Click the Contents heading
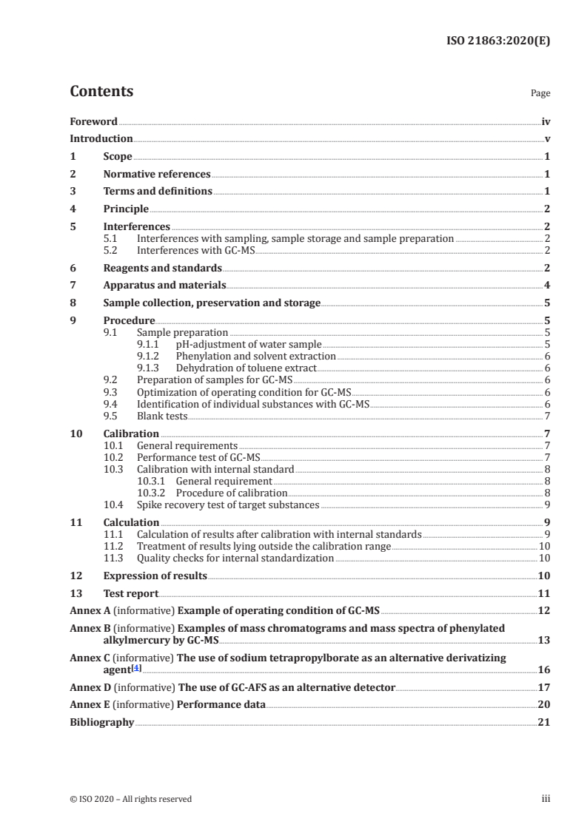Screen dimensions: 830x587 point(101,92)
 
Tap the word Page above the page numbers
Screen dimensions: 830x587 point(540,94)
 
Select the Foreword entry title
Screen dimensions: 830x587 point(93,121)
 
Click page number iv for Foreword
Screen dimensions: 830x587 point(546,121)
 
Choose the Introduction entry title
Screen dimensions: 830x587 point(101,138)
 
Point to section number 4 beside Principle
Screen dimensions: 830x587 point(73,209)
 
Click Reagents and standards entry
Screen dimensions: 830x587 point(162,269)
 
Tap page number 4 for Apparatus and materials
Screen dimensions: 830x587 point(547,286)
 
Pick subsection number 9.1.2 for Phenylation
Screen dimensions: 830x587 point(152,356)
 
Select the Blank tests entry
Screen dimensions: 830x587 point(162,416)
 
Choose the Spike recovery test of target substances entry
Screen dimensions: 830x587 point(228,505)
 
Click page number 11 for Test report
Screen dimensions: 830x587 point(544,593)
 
